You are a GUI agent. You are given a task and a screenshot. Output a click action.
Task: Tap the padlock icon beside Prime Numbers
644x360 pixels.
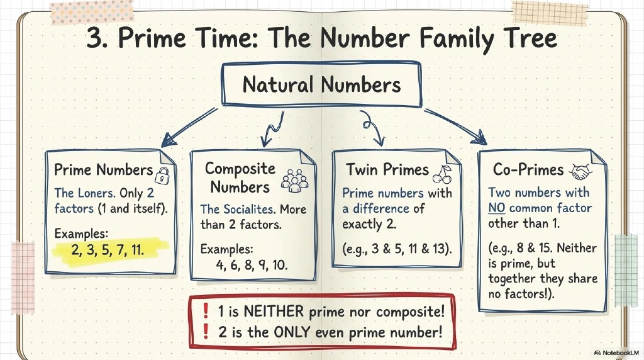[162, 176]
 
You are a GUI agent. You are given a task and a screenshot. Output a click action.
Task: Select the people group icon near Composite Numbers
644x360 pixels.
[295, 181]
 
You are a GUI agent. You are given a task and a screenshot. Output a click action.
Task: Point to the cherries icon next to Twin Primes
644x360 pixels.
[442, 175]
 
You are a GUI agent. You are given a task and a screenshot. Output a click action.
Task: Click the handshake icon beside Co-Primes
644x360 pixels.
[580, 171]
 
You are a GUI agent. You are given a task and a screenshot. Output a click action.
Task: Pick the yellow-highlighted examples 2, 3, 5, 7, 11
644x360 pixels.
[108, 249]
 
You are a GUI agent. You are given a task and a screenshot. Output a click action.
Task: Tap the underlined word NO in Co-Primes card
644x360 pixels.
[497, 208]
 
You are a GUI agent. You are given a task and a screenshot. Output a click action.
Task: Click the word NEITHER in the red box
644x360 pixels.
[274, 311]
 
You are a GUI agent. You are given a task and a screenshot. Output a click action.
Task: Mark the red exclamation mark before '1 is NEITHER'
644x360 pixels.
[206, 311]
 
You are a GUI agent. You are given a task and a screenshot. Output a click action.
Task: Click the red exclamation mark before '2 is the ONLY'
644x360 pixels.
[206, 332]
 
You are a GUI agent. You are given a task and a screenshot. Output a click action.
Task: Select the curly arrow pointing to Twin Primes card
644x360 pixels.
[372, 127]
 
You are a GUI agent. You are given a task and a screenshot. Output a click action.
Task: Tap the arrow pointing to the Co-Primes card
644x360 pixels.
[455, 127]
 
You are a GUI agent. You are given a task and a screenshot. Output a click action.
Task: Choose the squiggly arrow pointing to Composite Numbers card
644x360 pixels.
[273, 128]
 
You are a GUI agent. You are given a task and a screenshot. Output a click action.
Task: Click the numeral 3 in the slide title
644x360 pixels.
[94, 38]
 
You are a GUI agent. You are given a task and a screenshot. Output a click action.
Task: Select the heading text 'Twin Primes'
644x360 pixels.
[387, 170]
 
